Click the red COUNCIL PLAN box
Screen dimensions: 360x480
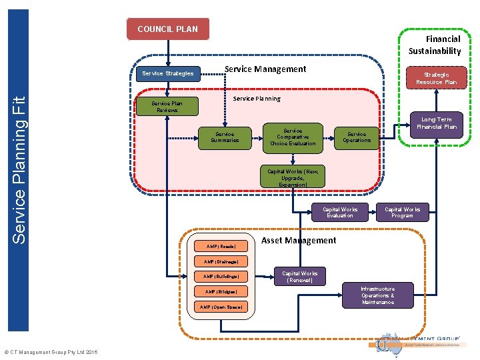coord(167,29)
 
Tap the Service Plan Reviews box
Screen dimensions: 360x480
coord(167,107)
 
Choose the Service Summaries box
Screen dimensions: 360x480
coord(225,137)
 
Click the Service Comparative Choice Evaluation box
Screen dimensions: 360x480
coord(293,136)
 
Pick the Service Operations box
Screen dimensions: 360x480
coord(357,137)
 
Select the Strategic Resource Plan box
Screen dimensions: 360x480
coord(437,78)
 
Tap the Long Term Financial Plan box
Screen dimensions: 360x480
coord(437,123)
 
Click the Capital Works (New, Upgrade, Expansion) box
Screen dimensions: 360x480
coord(293,178)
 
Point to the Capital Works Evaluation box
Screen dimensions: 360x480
coord(340,212)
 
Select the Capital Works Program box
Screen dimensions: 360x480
coord(402,212)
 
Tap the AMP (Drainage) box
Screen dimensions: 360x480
coord(221,261)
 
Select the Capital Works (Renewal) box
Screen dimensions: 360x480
coord(300,277)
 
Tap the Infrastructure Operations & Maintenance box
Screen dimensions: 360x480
coord(378,295)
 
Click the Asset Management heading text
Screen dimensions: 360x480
coord(299,240)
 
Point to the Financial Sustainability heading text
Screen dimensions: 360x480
coord(434,45)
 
